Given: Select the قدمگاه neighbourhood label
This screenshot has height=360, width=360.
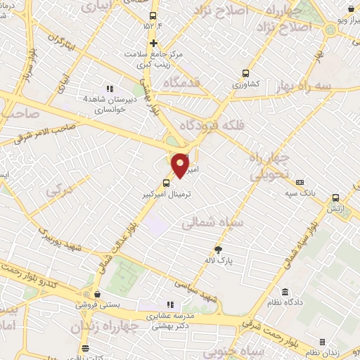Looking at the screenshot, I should (x=187, y=82).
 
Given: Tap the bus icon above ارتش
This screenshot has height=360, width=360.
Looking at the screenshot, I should (x=335, y=198).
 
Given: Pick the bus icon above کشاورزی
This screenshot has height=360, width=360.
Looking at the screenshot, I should (x=245, y=72).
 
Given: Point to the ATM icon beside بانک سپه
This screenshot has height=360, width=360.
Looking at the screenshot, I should (x=300, y=183).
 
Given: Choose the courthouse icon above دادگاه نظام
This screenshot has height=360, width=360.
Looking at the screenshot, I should (x=285, y=292).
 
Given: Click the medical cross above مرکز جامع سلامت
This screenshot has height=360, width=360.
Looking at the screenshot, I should (x=153, y=42).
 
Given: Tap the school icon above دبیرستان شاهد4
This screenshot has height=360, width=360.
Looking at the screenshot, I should (x=109, y=89).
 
